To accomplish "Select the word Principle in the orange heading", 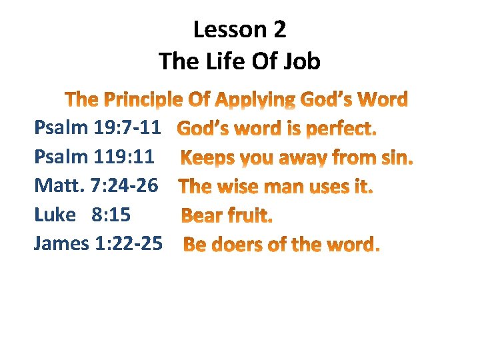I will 141,101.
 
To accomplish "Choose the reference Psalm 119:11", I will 94,157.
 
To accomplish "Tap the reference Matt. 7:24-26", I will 96,186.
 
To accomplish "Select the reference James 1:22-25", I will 97,243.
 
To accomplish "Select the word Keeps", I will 207,159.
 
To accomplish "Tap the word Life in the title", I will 228,62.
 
